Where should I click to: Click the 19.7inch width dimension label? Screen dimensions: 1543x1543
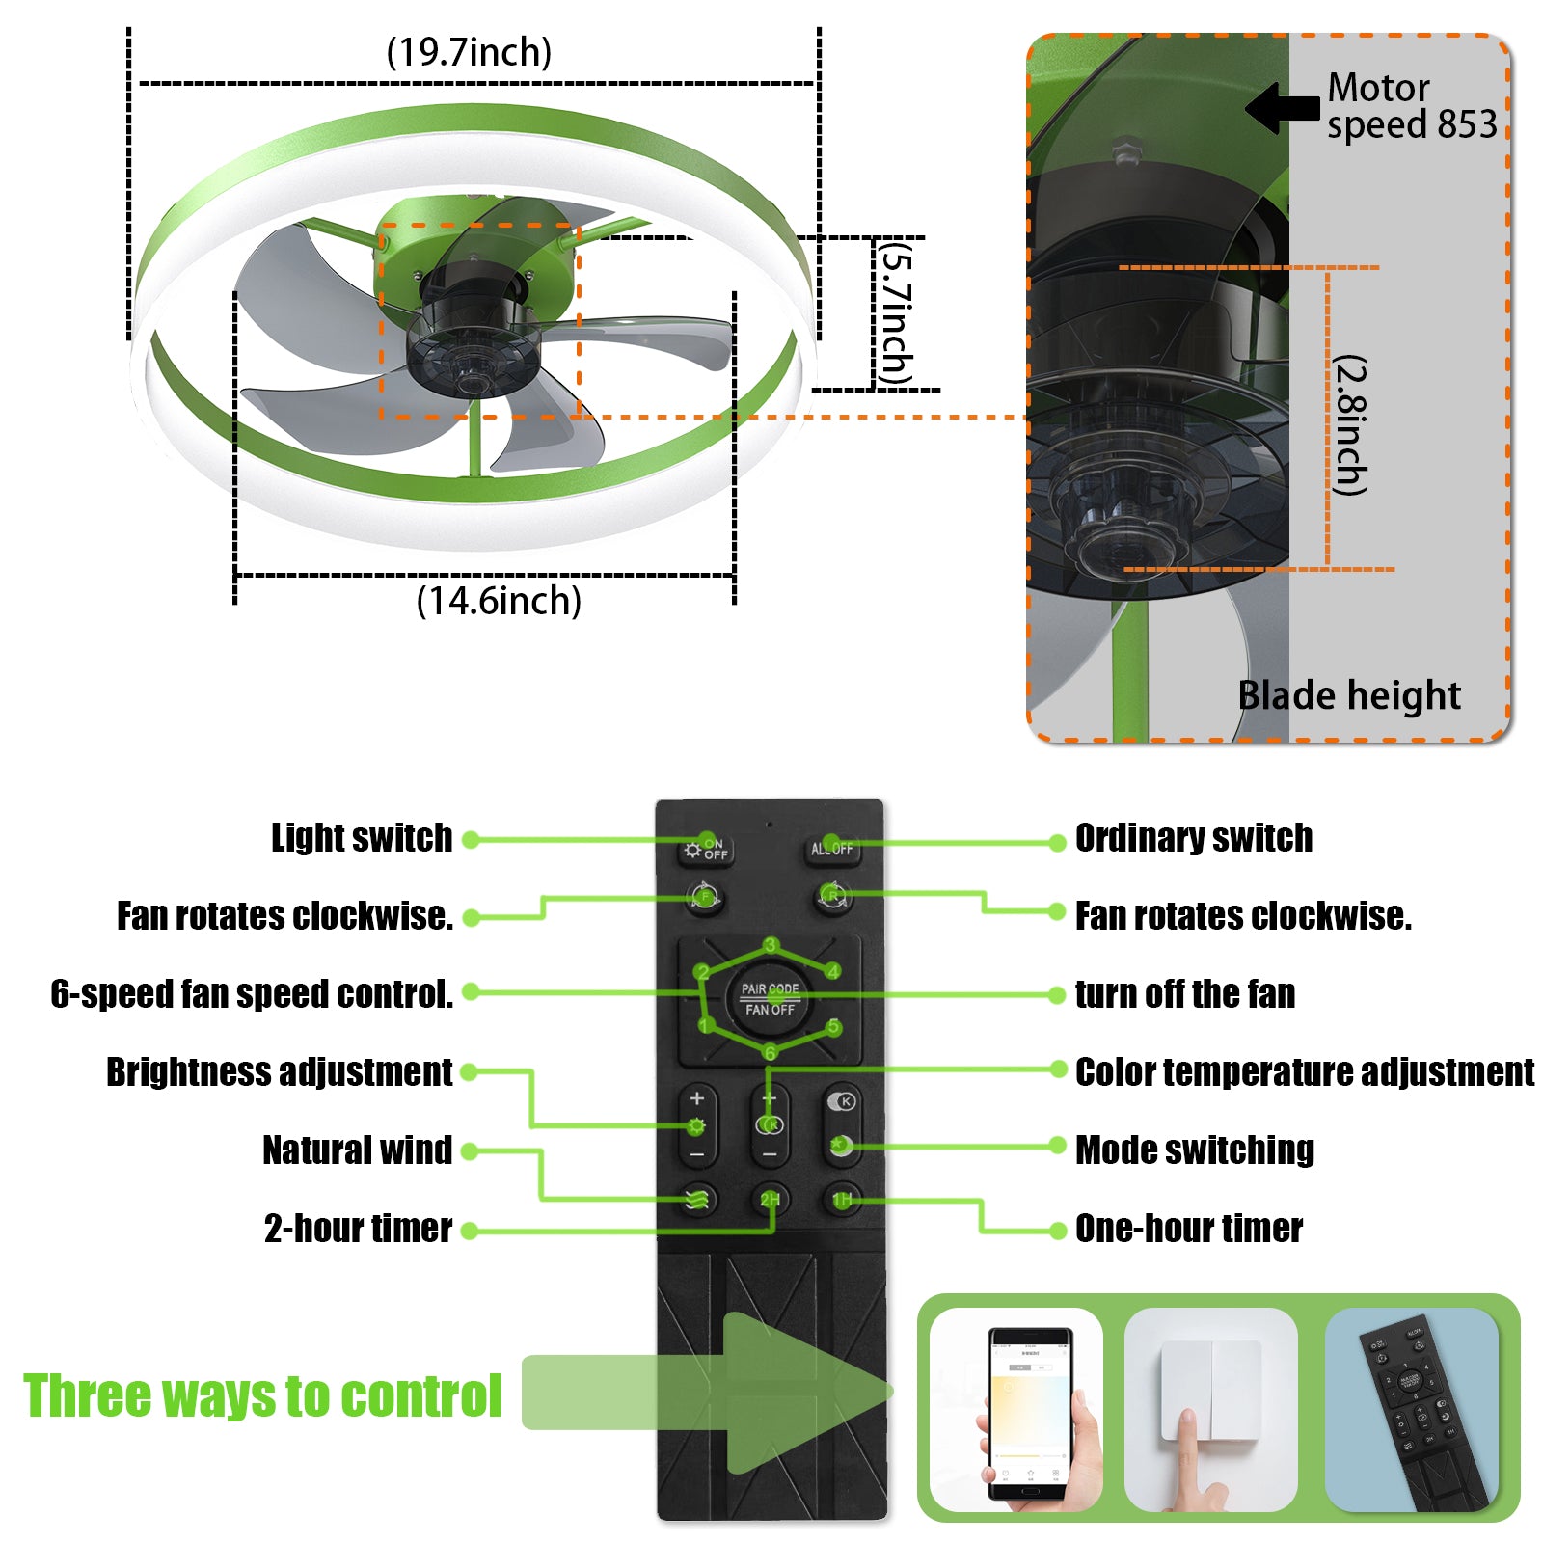tap(469, 52)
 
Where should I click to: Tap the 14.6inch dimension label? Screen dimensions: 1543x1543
tap(499, 601)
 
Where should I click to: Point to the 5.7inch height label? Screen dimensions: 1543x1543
tap(896, 313)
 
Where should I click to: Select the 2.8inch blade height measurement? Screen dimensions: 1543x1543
tap(1350, 425)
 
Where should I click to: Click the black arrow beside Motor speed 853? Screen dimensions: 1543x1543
tap(1283, 107)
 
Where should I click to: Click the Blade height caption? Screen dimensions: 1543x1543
tap(1348, 695)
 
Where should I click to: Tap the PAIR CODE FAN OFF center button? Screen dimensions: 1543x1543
tap(769, 999)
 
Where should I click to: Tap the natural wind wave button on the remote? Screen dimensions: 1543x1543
tap(697, 1200)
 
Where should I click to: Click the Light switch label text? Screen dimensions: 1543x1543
tap(362, 838)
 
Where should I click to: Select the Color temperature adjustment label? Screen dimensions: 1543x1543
tap(1304, 1072)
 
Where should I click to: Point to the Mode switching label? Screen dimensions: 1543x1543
tap(1194, 1150)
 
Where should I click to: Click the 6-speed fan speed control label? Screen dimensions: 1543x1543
tap(252, 994)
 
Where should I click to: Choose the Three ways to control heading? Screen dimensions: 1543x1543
tap(262, 1395)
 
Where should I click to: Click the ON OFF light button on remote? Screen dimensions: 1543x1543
tap(707, 850)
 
